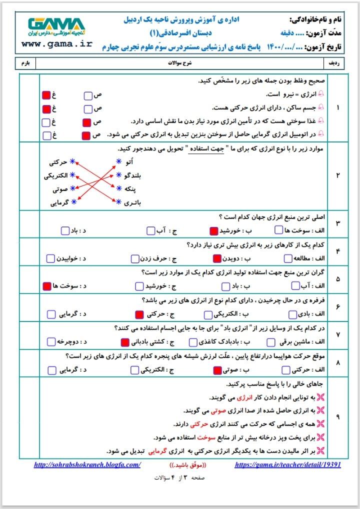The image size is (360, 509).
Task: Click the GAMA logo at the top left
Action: pyautogui.click(x=56, y=26)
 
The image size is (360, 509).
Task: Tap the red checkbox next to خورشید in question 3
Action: pyautogui.click(x=213, y=230)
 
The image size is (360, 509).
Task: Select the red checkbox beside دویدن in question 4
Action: pyautogui.click(x=217, y=258)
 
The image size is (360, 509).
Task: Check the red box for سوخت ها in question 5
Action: pyautogui.click(x=47, y=286)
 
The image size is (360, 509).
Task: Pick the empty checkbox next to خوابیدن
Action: pyautogui.click(x=50, y=258)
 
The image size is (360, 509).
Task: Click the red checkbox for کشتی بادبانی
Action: pyautogui.click(x=125, y=342)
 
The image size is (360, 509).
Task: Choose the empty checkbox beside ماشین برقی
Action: pyautogui.click(x=270, y=342)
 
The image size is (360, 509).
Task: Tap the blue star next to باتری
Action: pyautogui.click(x=118, y=202)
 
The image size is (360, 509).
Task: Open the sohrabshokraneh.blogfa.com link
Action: pyautogui.click(x=87, y=464)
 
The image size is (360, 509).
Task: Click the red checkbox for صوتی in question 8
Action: pyautogui.click(x=217, y=370)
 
